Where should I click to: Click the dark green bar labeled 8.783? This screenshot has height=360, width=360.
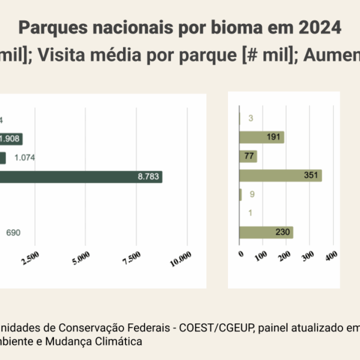81,176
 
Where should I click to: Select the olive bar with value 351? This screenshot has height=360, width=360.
280,176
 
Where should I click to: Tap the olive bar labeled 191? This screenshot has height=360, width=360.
262,137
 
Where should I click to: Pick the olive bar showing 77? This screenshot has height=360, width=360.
248,157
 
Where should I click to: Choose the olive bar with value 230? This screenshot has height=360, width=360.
266,233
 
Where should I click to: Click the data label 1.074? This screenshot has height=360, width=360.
25,158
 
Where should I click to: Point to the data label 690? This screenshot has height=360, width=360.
13,233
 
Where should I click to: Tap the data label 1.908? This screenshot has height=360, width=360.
9,139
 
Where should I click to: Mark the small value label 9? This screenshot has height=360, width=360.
252,194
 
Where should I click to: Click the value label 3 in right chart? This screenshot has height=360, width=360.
250,118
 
